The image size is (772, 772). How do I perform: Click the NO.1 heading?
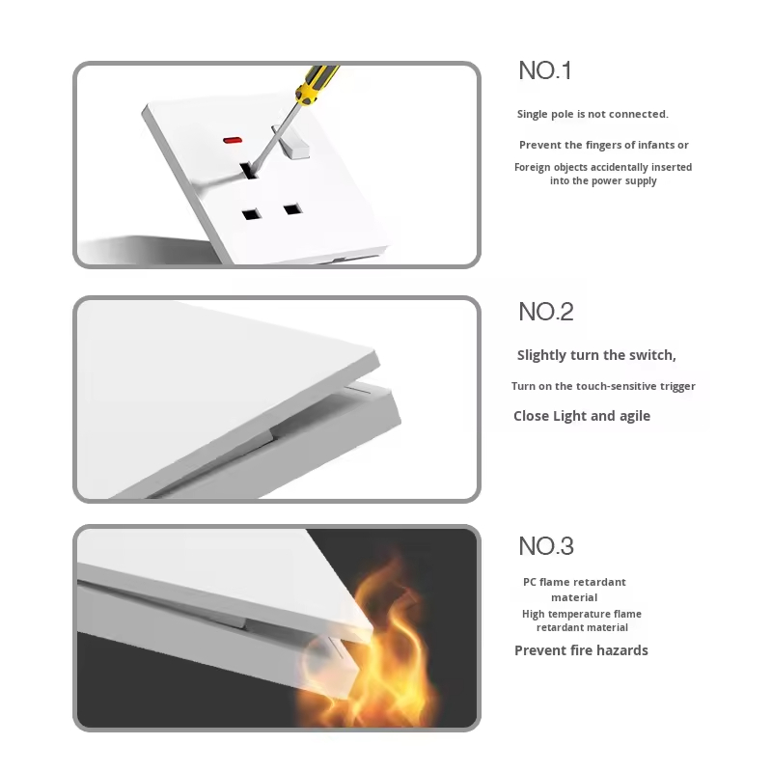point(545,70)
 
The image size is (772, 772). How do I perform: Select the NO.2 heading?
point(546,312)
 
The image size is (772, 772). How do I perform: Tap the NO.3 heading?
point(546,546)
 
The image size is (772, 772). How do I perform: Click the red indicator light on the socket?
point(233,140)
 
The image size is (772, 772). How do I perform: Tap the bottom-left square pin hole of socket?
point(251,214)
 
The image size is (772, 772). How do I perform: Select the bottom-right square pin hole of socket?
point(292,209)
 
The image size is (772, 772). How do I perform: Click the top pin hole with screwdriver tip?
point(249,171)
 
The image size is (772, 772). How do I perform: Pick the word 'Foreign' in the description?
point(532,168)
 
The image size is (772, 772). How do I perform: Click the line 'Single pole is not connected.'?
point(593,114)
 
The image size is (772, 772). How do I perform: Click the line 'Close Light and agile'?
point(582,416)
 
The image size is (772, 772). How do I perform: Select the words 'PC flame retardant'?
point(574,582)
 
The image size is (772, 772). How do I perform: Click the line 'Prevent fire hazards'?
point(581,650)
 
